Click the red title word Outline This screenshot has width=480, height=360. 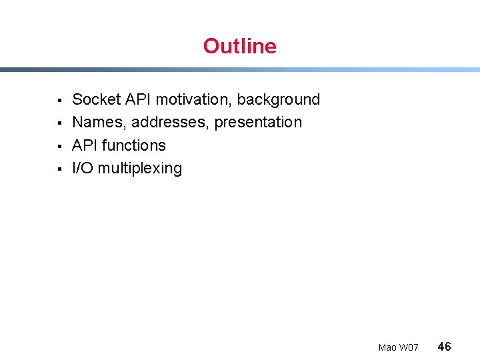tap(239, 46)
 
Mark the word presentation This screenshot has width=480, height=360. tap(258, 123)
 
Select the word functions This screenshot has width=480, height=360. tap(134, 145)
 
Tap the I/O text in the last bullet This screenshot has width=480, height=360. tap(83, 168)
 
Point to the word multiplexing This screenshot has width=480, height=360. tap(140, 169)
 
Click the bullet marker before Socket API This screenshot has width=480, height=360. tap(59, 101)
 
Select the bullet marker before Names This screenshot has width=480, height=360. tap(59, 123)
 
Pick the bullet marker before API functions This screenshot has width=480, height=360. tap(59, 146)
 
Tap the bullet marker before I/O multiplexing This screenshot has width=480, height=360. tap(59, 169)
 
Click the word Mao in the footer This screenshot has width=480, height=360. tap(387, 347)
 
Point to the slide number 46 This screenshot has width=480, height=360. tap(444, 346)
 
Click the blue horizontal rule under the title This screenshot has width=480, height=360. tap(240, 69)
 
